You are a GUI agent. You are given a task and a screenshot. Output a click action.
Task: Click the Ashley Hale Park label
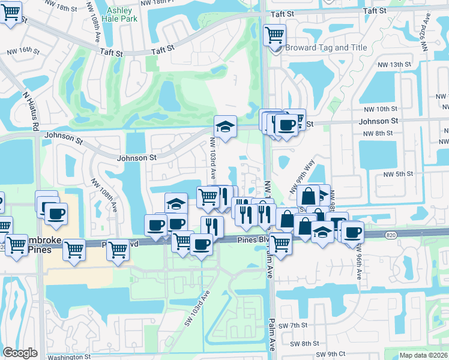click(x=121, y=14)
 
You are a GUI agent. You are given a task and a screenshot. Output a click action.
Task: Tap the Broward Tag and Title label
click(x=325, y=47)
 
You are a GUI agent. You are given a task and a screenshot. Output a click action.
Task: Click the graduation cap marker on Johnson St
click(x=225, y=127)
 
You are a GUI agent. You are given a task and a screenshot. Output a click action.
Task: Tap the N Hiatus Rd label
click(x=30, y=111)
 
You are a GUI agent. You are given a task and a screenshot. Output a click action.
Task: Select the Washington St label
click(x=69, y=356)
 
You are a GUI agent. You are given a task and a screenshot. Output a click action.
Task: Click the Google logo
click(x=20, y=353)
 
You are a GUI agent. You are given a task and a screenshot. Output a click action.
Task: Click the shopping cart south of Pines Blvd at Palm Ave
click(x=280, y=244)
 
